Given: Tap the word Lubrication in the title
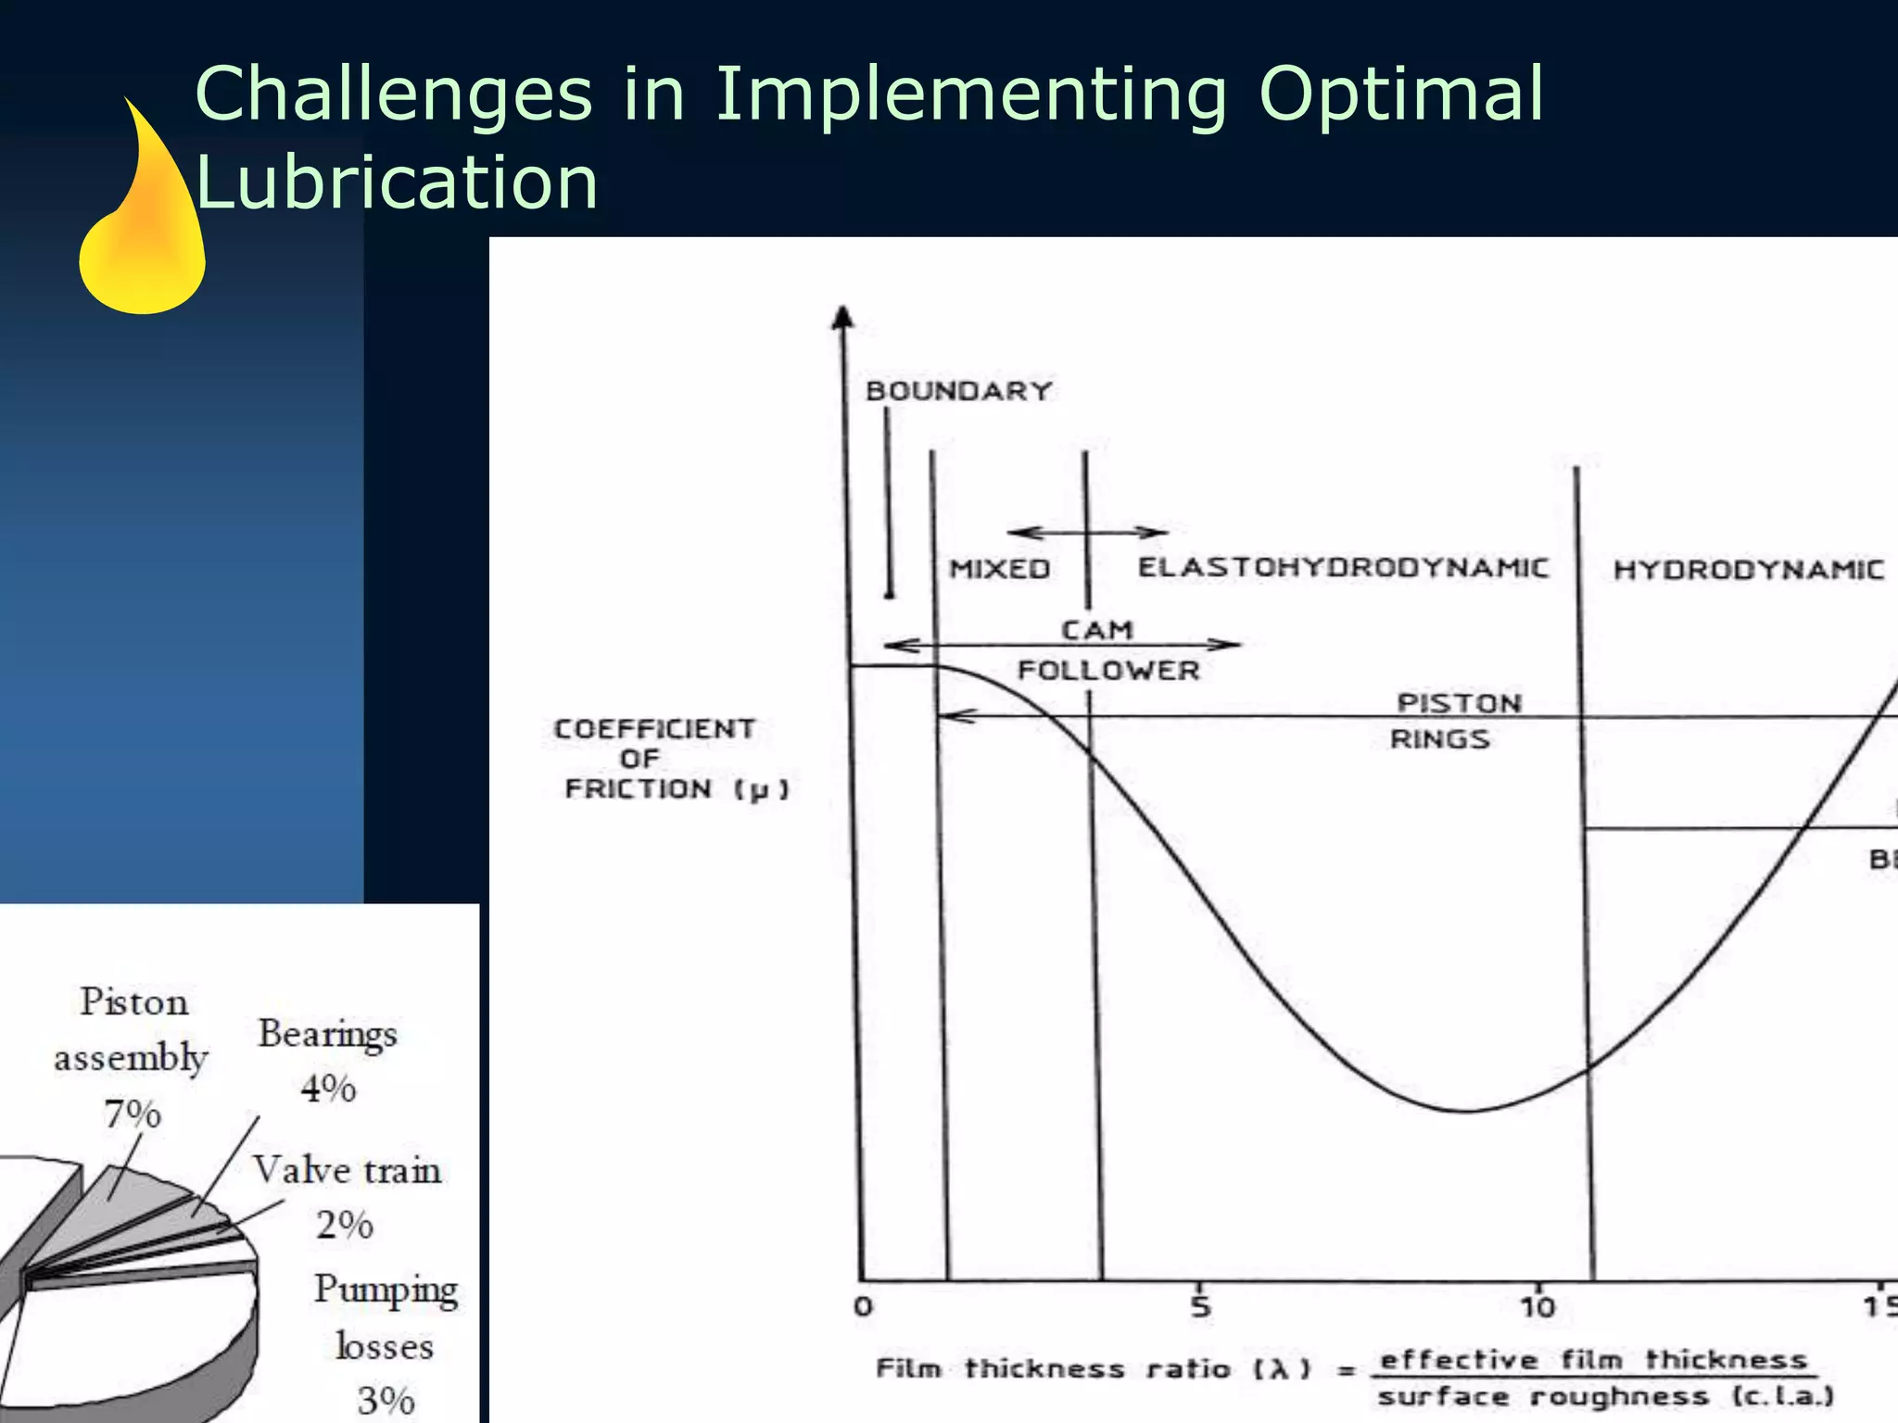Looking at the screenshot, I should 397,182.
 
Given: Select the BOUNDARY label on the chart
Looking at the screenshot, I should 958,391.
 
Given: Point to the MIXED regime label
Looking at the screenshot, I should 999,568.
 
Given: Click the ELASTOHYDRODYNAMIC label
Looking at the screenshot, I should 1343,567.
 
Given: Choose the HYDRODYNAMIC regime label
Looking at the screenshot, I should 1748,569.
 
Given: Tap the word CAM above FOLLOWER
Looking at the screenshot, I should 1096,630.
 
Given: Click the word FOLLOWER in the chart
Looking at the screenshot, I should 1108,670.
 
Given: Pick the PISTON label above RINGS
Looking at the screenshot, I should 1459,703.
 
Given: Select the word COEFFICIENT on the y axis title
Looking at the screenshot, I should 654,729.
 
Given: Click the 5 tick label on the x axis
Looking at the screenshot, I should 1200,1307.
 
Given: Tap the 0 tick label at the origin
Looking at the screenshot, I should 863,1307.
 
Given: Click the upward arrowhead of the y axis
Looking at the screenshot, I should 841,318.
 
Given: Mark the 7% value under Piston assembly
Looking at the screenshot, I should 133,1113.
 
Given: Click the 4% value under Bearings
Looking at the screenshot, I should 328,1088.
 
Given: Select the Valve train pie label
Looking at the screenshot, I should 347,1170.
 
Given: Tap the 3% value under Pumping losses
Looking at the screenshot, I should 386,1400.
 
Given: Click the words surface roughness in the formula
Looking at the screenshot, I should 1542,1396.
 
